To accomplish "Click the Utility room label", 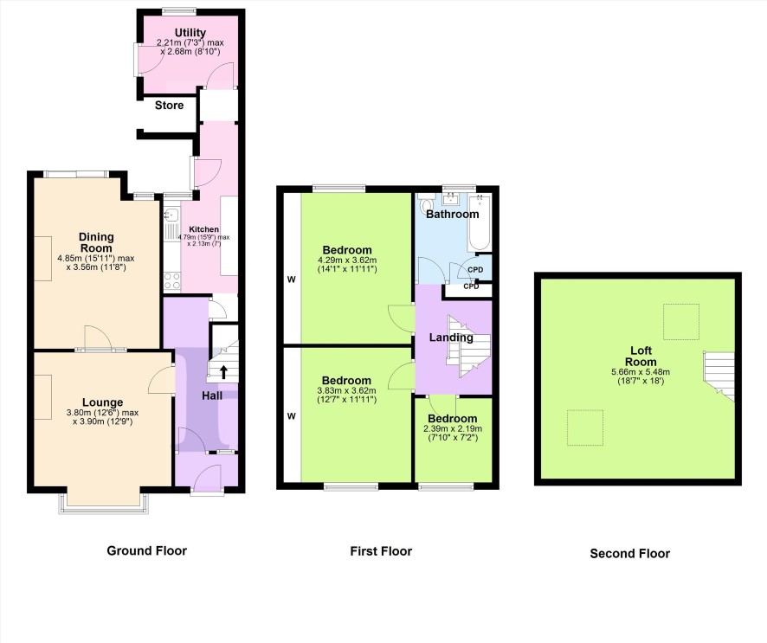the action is tap(190, 33).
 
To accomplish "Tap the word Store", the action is tap(170, 105).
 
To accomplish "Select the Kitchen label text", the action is tap(204, 229).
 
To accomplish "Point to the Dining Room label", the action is tap(96, 242).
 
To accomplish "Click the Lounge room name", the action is tap(103, 402).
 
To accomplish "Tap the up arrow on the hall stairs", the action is tap(223, 372).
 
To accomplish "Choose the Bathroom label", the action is tap(453, 214).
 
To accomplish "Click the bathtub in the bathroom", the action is tap(480, 222).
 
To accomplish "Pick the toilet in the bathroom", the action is tap(426, 204).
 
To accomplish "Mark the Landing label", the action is tap(451, 338).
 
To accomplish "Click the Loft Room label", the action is tap(641, 357).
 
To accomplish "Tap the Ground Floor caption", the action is tap(147, 551).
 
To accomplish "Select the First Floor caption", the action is tap(381, 551).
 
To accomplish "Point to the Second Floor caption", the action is tap(630, 554).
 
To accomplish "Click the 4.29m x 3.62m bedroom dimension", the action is tap(347, 260).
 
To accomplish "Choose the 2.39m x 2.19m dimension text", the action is tap(453, 429).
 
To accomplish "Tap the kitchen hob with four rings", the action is tap(171, 281).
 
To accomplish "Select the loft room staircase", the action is tap(719, 376).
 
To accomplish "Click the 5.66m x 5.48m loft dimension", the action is tap(641, 372).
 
